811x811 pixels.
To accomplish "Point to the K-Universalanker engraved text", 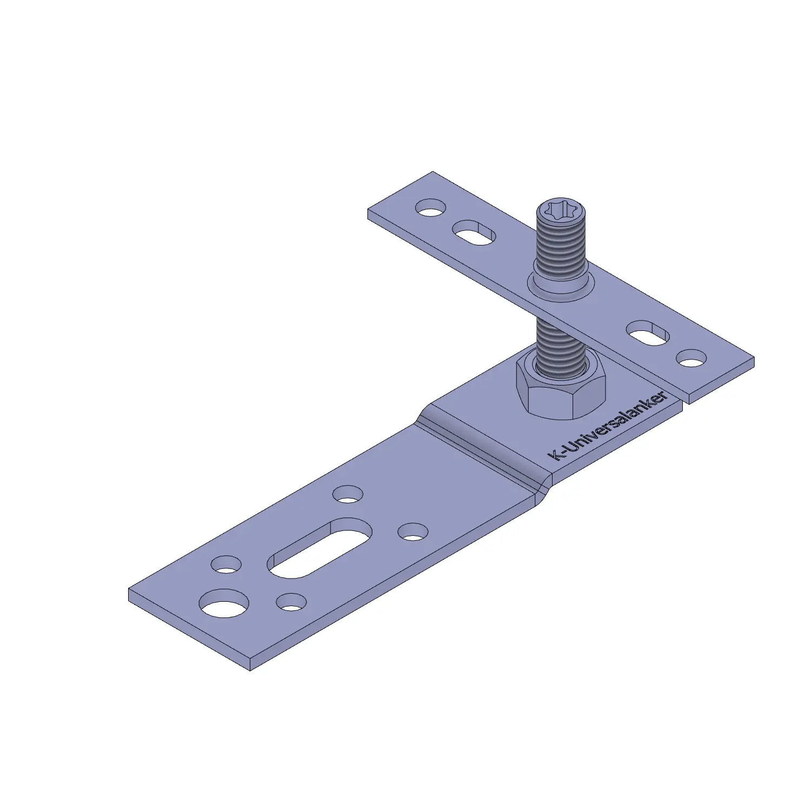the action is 608,427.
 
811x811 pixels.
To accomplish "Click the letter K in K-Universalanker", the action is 554,455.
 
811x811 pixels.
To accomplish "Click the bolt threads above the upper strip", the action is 561,246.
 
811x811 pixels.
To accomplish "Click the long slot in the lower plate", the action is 320,547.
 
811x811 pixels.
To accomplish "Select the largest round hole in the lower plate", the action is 224,603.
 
